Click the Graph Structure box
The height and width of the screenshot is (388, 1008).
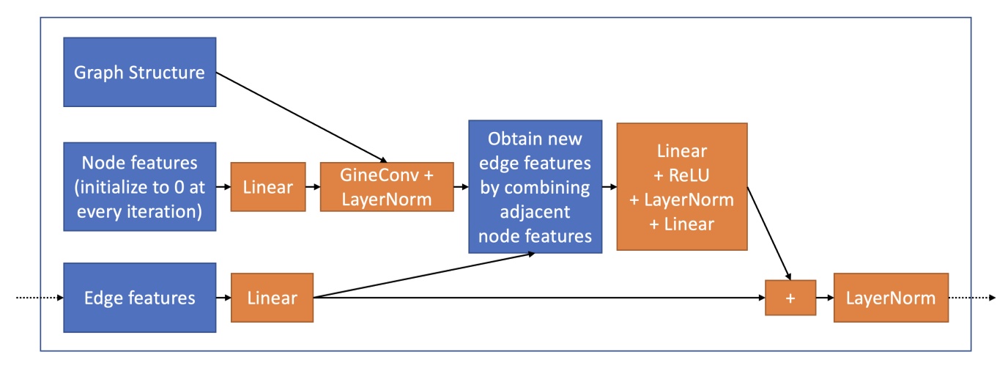tap(140, 73)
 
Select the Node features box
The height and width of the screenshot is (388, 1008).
tap(140, 186)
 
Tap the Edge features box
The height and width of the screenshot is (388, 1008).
tap(140, 298)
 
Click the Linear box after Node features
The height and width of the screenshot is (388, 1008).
tap(268, 187)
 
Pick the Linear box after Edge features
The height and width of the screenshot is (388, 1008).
tap(272, 298)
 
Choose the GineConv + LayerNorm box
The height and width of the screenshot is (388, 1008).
tap(386, 187)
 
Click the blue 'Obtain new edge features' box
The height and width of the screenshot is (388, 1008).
tap(535, 186)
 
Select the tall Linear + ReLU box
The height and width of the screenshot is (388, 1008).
tap(681, 186)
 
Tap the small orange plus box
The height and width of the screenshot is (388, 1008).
tap(790, 298)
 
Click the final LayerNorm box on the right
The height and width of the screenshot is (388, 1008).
tap(890, 298)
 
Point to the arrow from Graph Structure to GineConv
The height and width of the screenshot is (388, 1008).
tap(300, 117)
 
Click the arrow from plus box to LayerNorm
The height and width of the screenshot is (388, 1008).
tap(824, 298)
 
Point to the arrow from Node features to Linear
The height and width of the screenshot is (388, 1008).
tap(223, 187)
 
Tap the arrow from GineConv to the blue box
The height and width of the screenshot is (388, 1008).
tap(461, 187)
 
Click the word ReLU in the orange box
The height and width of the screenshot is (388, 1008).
tap(689, 175)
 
